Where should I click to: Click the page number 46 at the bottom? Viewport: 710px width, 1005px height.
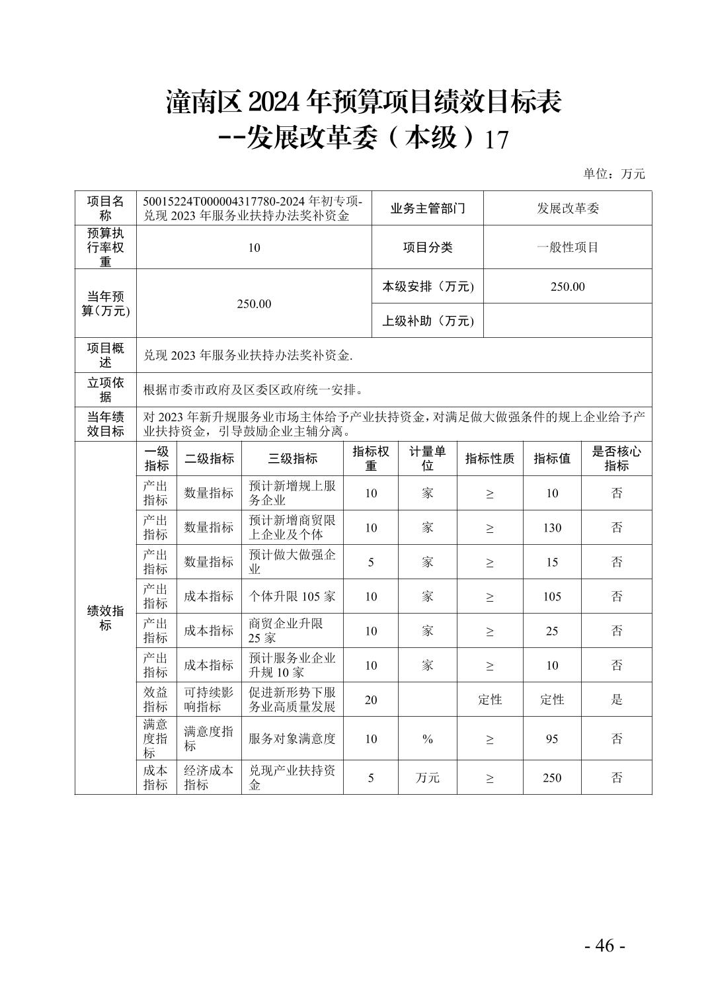click(605, 945)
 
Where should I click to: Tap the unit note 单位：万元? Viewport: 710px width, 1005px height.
click(613, 174)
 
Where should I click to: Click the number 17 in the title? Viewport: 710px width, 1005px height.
click(496, 140)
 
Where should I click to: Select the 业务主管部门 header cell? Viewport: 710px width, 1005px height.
click(427, 208)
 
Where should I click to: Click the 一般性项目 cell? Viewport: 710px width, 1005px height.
click(567, 247)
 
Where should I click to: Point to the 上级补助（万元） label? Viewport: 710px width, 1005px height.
click(427, 321)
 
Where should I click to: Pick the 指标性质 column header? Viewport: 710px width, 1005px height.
click(489, 458)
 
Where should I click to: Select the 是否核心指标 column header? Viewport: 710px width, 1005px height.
click(616, 458)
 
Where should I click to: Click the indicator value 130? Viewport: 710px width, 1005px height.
click(552, 528)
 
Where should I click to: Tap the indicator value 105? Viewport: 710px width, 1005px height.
click(552, 596)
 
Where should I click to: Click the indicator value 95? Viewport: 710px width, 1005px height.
click(552, 739)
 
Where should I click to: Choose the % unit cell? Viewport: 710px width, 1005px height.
click(427, 739)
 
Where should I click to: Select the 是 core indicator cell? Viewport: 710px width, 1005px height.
click(616, 700)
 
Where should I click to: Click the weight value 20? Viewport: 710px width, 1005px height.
click(371, 700)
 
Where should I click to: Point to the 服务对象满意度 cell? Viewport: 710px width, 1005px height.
click(292, 739)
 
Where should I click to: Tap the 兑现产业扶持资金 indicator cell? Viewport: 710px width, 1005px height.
click(292, 778)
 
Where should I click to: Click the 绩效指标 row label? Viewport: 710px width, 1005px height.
click(105, 618)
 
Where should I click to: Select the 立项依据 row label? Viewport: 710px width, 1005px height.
click(105, 389)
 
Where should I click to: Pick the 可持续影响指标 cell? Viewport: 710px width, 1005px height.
click(209, 700)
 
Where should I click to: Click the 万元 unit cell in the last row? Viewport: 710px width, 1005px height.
click(427, 778)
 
